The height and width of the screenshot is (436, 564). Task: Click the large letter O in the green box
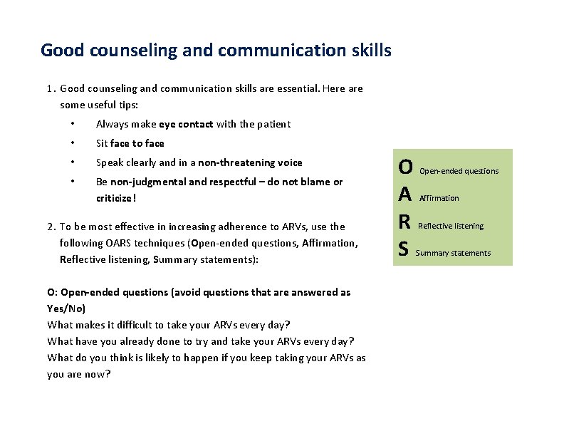[x=405, y=167]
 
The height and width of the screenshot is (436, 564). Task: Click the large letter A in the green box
[x=405, y=194]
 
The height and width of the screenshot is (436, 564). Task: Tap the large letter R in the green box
[x=404, y=222]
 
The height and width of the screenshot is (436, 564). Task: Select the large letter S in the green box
[x=404, y=249]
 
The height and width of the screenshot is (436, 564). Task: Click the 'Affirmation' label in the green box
[x=439, y=198]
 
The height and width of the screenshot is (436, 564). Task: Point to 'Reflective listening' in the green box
[x=451, y=226]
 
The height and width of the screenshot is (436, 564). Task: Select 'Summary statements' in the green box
[x=453, y=253]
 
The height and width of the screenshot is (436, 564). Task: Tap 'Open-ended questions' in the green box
[x=459, y=171]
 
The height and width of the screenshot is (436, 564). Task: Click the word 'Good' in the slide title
[x=61, y=51]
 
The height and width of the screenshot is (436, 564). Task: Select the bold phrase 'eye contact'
[x=186, y=124]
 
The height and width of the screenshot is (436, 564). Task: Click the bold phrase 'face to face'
[x=137, y=143]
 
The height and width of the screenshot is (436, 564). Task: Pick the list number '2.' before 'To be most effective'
[x=51, y=227]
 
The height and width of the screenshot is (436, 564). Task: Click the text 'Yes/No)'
[x=66, y=308]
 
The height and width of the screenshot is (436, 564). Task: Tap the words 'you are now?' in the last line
[x=79, y=374]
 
